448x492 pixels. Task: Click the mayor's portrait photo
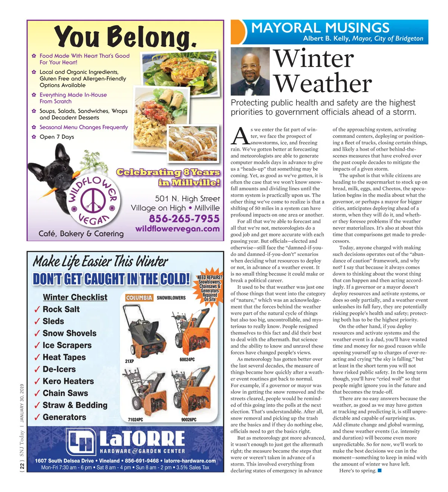pos(250,71)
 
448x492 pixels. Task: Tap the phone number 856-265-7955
pos(184,219)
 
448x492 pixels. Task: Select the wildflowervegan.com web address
pos(177,229)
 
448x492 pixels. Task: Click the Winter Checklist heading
pos(75,297)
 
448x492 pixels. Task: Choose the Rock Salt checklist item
pos(61,309)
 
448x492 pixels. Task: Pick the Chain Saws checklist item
pos(65,393)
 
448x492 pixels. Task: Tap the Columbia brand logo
pos(139,298)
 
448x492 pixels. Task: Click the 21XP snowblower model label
pos(130,361)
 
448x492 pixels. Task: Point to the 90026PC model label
pos(189,420)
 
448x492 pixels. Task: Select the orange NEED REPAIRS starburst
pos(210,284)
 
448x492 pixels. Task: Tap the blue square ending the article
pos(380,470)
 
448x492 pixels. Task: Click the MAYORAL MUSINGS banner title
pos(320,28)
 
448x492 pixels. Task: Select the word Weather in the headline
pos(323,84)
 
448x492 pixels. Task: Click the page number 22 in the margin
pos(22,466)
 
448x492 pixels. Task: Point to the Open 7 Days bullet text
pos(57,137)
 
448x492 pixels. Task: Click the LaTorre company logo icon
pos(82,442)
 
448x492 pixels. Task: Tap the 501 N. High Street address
pos(187,198)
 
